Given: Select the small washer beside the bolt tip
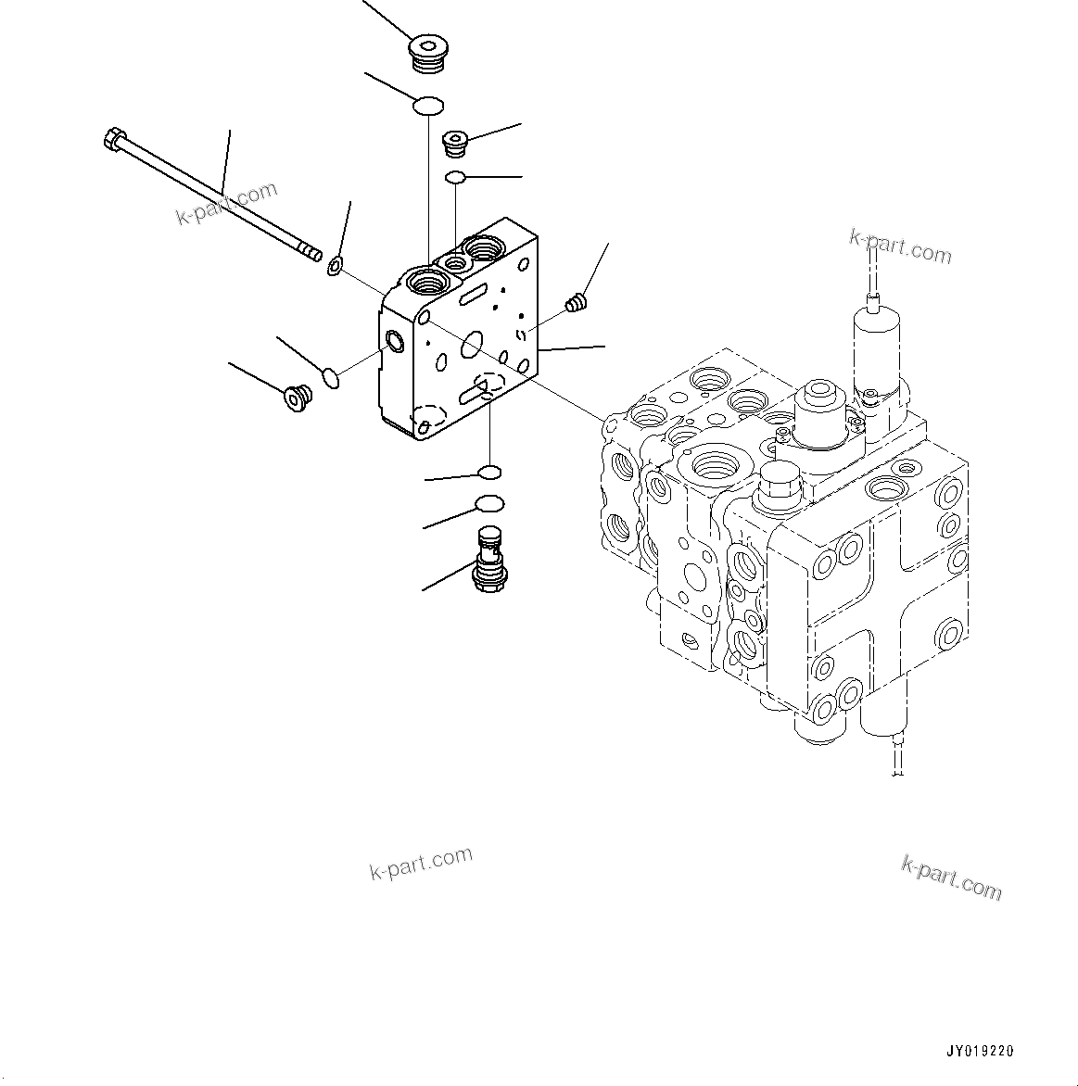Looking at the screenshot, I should pyautogui.click(x=336, y=268).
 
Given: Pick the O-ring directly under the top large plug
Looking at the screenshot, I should pyautogui.click(x=428, y=107).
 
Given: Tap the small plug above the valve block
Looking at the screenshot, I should pyautogui.click(x=455, y=144).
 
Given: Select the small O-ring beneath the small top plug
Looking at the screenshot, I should pyautogui.click(x=455, y=177).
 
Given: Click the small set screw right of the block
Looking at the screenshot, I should pyautogui.click(x=577, y=302).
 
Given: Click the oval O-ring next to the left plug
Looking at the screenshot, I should pyautogui.click(x=330, y=377).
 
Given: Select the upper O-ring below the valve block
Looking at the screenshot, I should pyautogui.click(x=489, y=474).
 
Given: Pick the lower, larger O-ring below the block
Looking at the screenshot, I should pyautogui.click(x=488, y=504).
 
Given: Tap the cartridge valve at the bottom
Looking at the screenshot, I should pyautogui.click(x=488, y=558).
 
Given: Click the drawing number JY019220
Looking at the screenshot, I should pyautogui.click(x=980, y=1051).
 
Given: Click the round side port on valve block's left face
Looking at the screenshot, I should pyautogui.click(x=395, y=342).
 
